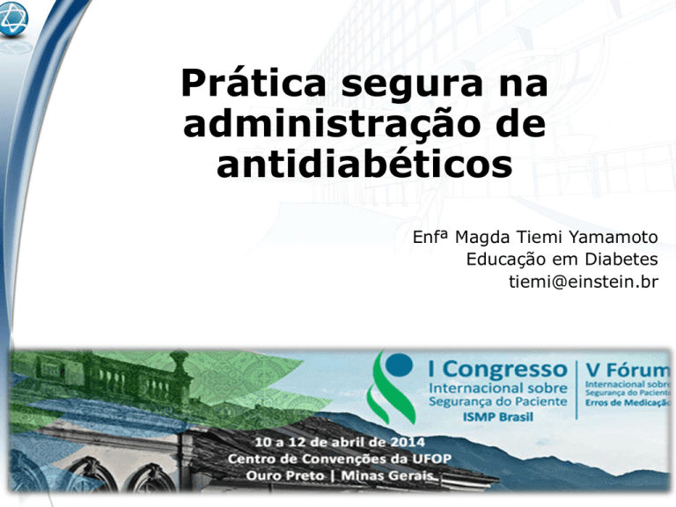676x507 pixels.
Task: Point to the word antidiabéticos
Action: tap(364, 164)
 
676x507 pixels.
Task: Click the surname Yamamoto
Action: tap(613, 237)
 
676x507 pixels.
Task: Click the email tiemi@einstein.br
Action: tap(584, 282)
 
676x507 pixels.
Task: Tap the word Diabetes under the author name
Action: tap(621, 259)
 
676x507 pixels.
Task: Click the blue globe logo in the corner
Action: tap(13, 19)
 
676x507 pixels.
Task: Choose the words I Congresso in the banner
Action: tap(497, 371)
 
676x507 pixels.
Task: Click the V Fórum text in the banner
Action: tap(628, 371)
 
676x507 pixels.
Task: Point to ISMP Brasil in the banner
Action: tap(498, 417)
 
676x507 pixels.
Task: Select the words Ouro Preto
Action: tap(285, 475)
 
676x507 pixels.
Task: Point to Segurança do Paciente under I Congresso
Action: tap(497, 401)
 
